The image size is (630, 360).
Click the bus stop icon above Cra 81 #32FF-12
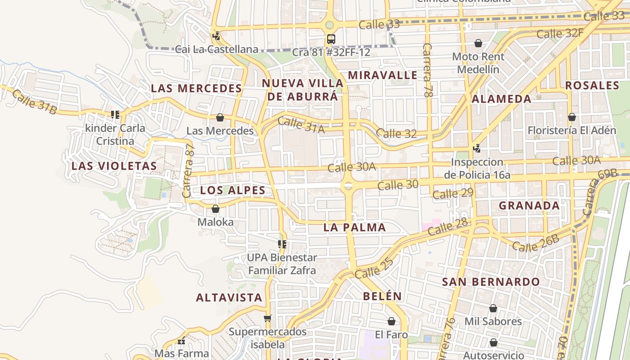[x=331, y=39]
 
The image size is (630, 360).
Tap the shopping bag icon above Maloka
[x=216, y=209]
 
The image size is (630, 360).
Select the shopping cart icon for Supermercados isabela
[x=268, y=318]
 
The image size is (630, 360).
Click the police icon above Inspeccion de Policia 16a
[x=477, y=148]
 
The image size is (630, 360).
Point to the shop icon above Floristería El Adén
[x=572, y=117]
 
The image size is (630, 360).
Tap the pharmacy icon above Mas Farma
[x=181, y=341]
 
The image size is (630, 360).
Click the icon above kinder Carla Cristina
[x=116, y=115]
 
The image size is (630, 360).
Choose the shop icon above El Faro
[x=391, y=321]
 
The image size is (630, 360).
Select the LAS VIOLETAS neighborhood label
[x=114, y=166]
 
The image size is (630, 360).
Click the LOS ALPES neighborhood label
[x=233, y=190]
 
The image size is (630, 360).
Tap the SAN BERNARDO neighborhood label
[x=491, y=282]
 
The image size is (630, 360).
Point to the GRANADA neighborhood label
[x=529, y=206]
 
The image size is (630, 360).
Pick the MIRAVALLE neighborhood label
[x=382, y=75]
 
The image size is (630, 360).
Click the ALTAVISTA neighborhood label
[x=229, y=297]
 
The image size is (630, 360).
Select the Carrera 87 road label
[x=188, y=171]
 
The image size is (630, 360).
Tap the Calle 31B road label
[x=34, y=102]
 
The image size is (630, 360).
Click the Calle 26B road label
[x=535, y=243]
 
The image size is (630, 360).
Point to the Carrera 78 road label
[x=428, y=71]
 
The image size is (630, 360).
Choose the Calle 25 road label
[x=374, y=268]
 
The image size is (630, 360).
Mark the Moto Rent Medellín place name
[x=478, y=63]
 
